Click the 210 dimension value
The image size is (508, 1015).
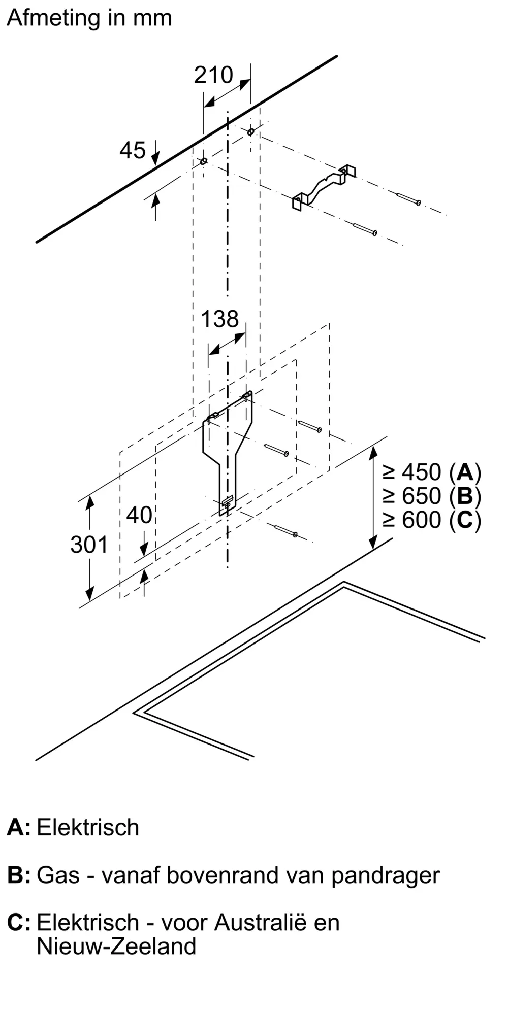tap(213, 75)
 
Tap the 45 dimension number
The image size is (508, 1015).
tap(133, 150)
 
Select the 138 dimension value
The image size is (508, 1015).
tap(220, 319)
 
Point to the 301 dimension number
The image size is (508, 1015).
tap(89, 545)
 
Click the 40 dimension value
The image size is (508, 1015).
tap(139, 515)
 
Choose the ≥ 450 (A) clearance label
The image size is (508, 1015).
tap(432, 472)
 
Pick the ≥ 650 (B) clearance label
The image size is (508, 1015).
tap(432, 496)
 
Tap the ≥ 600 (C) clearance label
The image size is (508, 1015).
tap(432, 520)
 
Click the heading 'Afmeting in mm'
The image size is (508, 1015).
tap(89, 18)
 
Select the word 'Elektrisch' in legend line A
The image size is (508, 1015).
tap(88, 827)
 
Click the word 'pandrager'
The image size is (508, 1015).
tap(386, 875)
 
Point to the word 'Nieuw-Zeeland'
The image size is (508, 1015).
tap(116, 946)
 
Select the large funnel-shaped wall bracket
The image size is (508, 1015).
tap(228, 447)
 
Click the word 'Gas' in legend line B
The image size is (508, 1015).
tap(58, 875)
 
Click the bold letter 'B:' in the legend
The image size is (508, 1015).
tap(19, 875)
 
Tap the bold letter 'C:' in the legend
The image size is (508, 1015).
tap(19, 922)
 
